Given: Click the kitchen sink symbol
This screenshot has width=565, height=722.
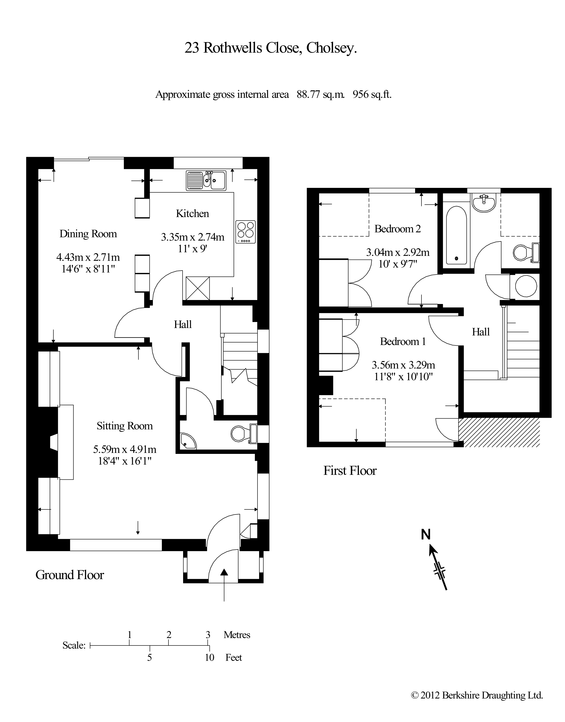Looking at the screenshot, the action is click(206, 181).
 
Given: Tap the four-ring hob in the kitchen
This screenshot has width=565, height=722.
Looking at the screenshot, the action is click(246, 231).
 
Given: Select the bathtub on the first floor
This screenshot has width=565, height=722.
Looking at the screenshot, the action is click(457, 235).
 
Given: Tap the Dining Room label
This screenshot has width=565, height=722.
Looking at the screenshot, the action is click(88, 234).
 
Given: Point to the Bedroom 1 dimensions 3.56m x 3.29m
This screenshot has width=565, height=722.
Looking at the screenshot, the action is click(403, 365).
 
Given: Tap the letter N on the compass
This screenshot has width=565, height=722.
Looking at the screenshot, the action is click(426, 534).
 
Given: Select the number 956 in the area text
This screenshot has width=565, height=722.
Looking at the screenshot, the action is click(361, 95).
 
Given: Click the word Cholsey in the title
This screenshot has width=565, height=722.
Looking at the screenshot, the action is click(331, 48).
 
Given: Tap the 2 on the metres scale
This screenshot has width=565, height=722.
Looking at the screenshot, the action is click(169, 635).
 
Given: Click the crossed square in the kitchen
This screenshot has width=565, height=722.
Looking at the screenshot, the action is click(198, 288).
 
